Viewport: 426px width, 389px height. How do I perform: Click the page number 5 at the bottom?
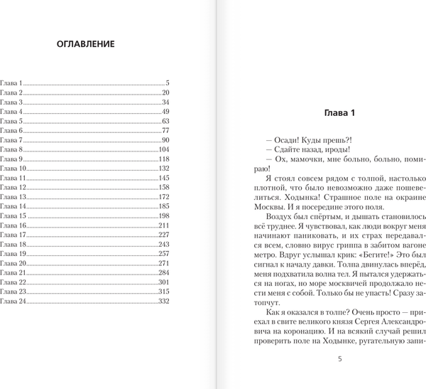[339, 378]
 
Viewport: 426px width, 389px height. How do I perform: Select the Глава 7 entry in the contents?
[12, 141]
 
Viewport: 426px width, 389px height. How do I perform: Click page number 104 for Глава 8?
[163, 150]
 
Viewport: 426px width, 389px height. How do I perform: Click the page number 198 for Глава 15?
[163, 215]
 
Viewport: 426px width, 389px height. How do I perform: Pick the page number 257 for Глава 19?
[163, 254]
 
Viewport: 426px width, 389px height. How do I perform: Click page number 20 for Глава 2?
[165, 93]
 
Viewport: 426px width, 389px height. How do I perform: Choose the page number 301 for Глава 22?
[163, 282]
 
